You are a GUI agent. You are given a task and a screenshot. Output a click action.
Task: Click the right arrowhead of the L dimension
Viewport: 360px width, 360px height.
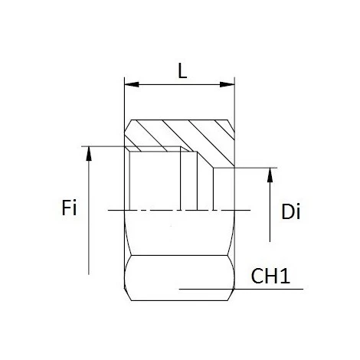[229, 85]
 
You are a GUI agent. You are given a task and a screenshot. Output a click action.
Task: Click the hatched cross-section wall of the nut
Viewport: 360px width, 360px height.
[176, 133]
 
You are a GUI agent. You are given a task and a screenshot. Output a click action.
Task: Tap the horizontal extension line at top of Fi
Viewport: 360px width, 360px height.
[103, 146]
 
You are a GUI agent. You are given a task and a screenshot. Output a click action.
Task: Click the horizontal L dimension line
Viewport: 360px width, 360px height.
[179, 85]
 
